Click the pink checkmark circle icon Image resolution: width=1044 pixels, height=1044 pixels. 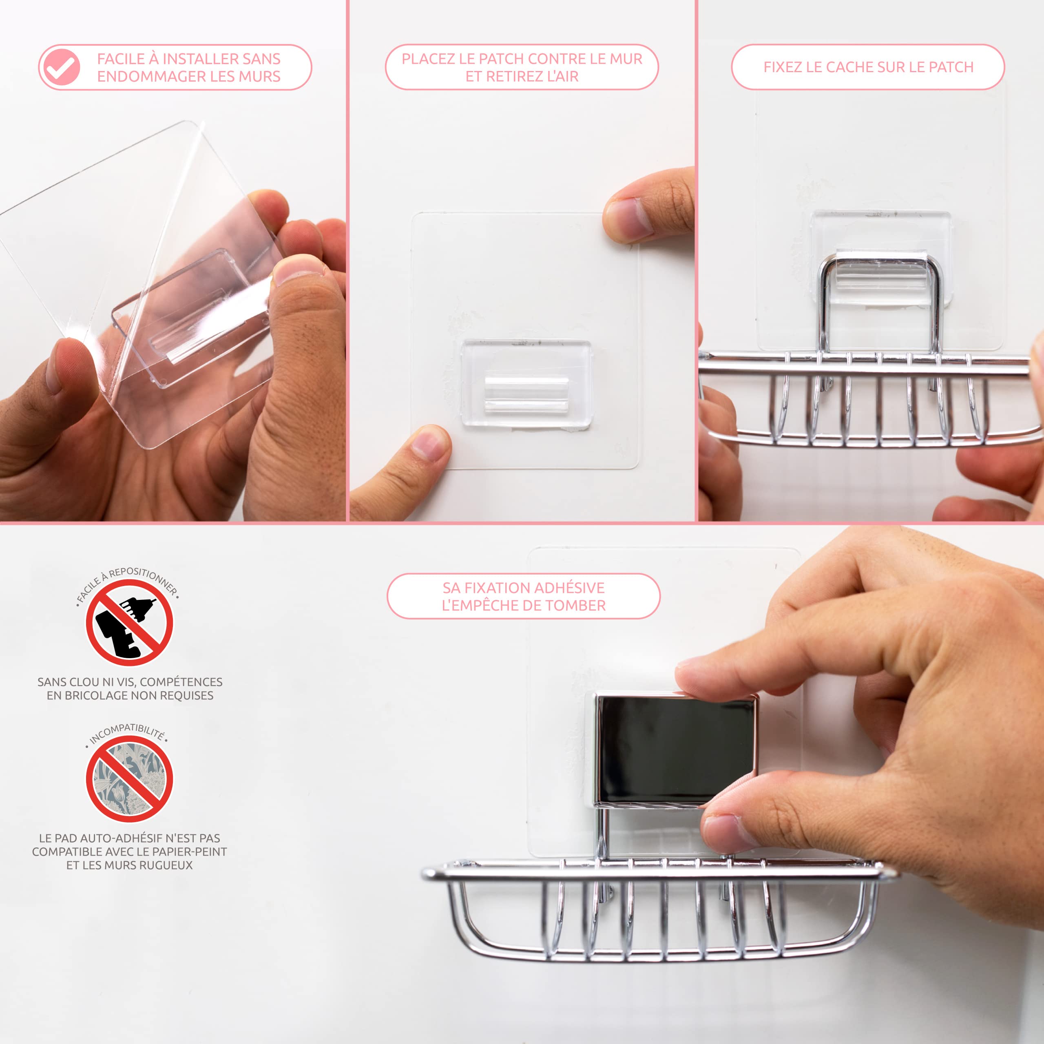click(x=62, y=67)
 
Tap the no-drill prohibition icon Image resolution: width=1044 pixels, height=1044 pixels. click(x=129, y=622)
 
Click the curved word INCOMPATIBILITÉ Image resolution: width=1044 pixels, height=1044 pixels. click(x=128, y=734)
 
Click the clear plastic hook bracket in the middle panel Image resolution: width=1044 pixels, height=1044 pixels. click(x=526, y=384)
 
